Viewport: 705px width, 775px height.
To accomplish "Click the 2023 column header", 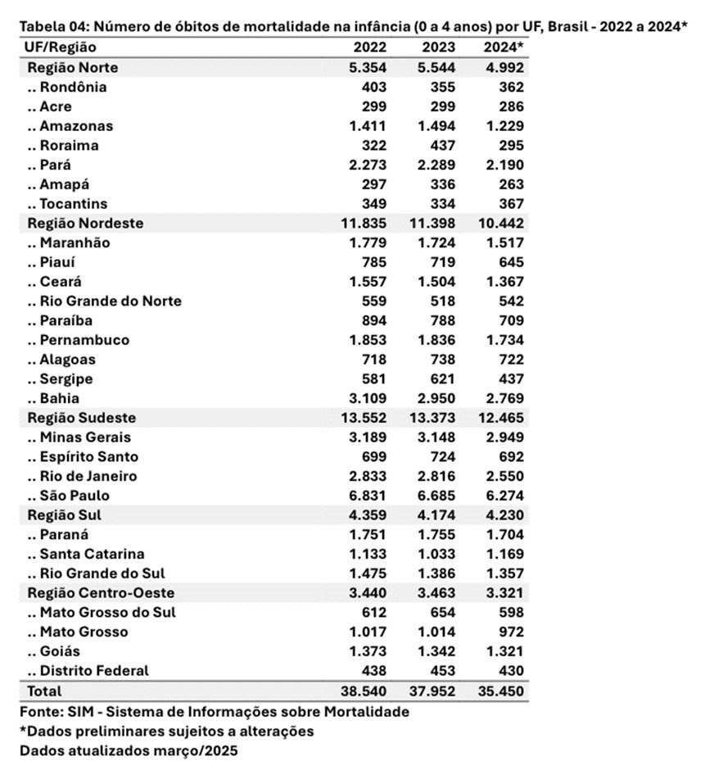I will coord(440,48).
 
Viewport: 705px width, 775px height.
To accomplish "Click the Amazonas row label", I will coord(76,126).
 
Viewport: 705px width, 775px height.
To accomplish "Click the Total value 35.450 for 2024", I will coord(500,691).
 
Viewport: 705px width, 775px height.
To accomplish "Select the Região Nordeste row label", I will coord(85,223).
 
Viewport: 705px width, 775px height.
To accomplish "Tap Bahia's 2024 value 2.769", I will coord(504,398).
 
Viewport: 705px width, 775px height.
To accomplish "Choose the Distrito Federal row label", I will coord(94,671).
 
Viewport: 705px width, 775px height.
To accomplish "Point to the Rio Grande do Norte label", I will coord(111,301).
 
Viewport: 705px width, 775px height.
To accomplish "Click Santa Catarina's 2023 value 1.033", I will coord(436,555).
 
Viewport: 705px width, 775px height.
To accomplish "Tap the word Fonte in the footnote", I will coord(39,712).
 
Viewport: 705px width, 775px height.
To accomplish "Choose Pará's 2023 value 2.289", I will coord(436,165).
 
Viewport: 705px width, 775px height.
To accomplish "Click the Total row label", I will coord(44,691).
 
